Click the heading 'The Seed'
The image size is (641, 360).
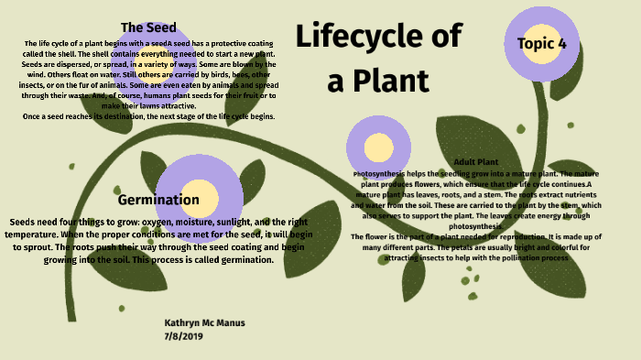(x=148, y=27)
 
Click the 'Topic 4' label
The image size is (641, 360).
(x=541, y=43)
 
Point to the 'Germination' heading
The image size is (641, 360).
(x=158, y=200)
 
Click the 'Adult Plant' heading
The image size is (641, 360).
(x=475, y=162)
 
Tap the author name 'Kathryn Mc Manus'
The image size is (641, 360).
(x=204, y=323)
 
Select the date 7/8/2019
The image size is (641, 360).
(x=183, y=336)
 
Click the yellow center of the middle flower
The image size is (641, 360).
(x=377, y=147)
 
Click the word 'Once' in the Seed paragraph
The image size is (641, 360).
(x=36, y=116)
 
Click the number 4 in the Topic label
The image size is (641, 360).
(x=561, y=43)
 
